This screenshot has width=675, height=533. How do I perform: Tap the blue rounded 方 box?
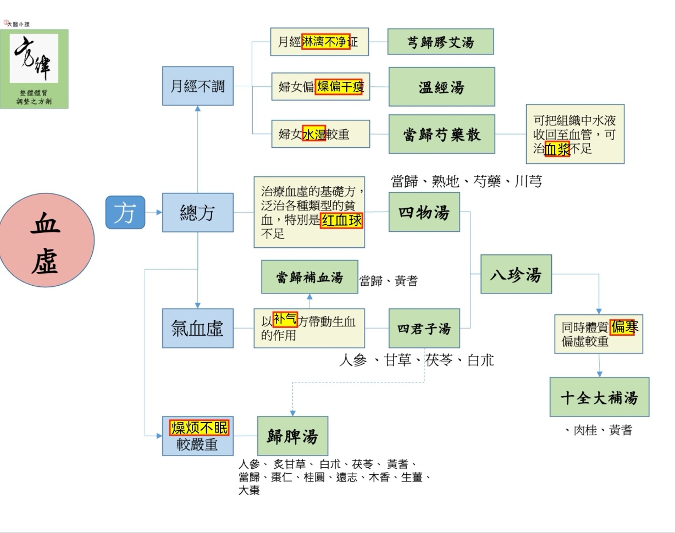click(125, 212)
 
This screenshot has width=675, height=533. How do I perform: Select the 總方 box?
click(197, 213)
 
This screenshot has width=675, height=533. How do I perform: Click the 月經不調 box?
click(197, 86)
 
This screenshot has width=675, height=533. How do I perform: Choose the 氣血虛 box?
click(197, 328)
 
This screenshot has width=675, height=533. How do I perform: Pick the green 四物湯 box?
click(424, 212)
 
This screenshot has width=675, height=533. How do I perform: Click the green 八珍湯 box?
click(516, 274)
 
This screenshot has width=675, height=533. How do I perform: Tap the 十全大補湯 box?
click(599, 397)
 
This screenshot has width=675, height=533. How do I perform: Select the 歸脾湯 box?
click(292, 436)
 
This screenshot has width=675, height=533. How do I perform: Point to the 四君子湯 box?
click(424, 328)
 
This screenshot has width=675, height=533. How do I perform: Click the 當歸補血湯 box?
click(309, 277)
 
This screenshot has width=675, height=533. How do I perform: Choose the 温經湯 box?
click(441, 86)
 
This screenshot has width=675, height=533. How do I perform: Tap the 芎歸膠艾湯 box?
click(440, 42)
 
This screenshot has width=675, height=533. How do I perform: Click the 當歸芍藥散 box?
click(441, 134)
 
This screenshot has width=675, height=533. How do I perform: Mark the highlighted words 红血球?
click(341, 220)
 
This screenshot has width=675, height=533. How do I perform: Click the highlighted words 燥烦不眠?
click(199, 427)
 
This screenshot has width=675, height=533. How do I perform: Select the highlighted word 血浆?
click(557, 149)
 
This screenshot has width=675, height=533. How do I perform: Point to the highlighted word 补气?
click(285, 319)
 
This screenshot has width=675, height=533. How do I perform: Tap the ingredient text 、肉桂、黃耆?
click(599, 430)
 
